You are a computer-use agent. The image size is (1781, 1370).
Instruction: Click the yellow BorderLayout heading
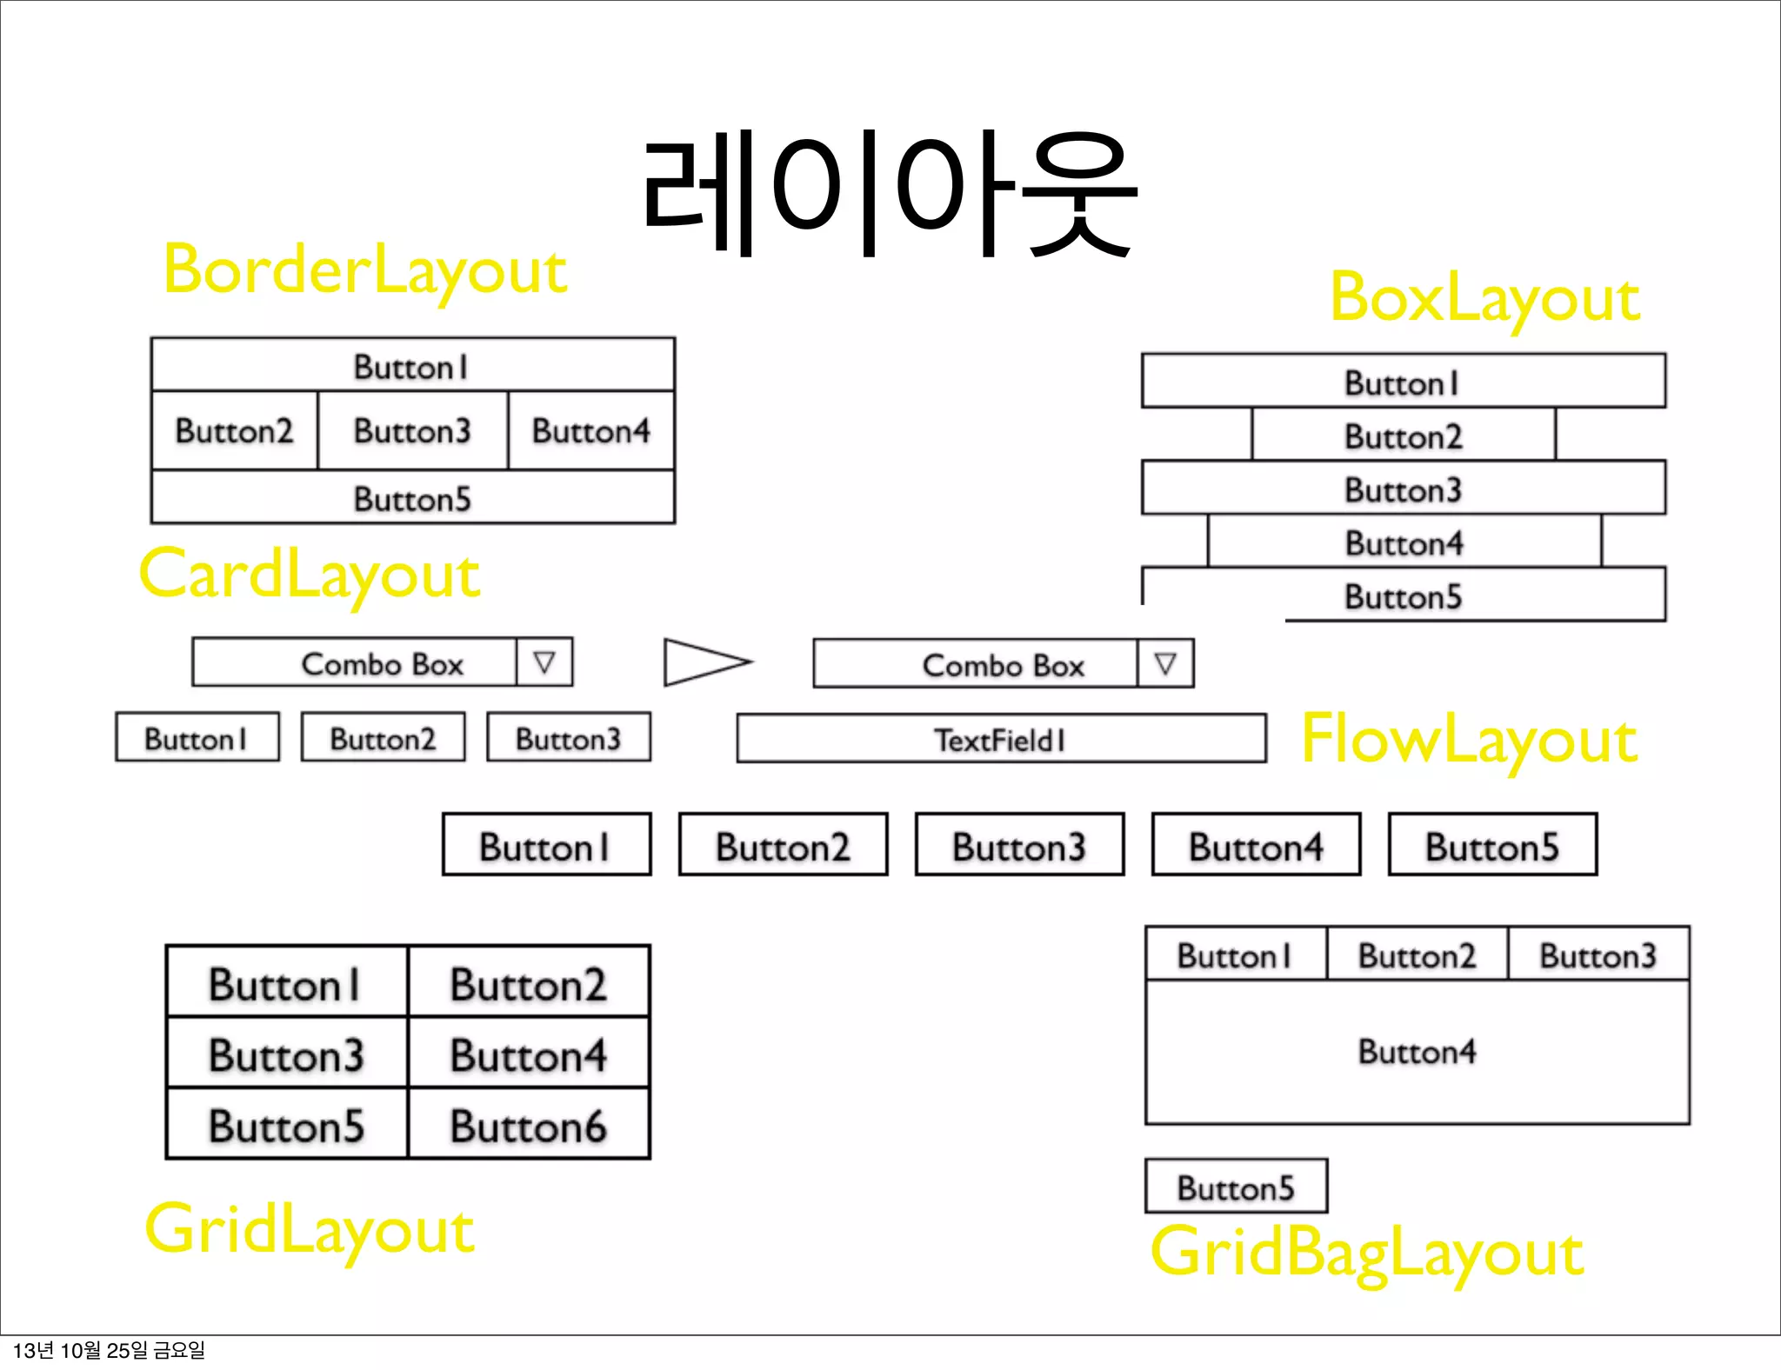pos(365,269)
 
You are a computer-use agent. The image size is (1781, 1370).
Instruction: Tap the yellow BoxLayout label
pos(1484,298)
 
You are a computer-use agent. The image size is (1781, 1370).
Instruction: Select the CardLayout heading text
pos(310,575)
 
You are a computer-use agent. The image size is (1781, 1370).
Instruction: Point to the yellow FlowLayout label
pos(1469,739)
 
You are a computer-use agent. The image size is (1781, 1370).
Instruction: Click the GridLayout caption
pos(310,1229)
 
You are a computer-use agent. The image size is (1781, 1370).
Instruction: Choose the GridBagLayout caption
pos(1366,1253)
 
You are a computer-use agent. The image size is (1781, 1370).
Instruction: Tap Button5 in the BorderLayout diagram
pos(412,498)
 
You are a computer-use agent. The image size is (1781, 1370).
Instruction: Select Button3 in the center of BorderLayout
pos(412,431)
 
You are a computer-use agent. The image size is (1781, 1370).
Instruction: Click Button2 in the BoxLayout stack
pos(1403,436)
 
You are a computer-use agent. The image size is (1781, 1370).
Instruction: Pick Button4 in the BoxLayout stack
pos(1404,543)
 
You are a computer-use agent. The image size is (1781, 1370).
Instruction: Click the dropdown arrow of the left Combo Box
pos(544,662)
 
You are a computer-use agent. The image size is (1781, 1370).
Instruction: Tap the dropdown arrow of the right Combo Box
pos(1165,664)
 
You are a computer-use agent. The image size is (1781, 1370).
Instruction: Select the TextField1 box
pos(1000,740)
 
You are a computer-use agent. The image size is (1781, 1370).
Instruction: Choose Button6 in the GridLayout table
pos(529,1125)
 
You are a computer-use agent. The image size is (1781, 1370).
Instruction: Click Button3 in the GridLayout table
pos(286,1054)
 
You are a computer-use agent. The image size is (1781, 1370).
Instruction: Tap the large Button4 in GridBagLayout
pos(1417,1052)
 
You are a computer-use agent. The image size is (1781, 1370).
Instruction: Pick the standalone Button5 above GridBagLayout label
pos(1236,1187)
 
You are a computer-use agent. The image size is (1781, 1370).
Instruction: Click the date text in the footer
pos(110,1350)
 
